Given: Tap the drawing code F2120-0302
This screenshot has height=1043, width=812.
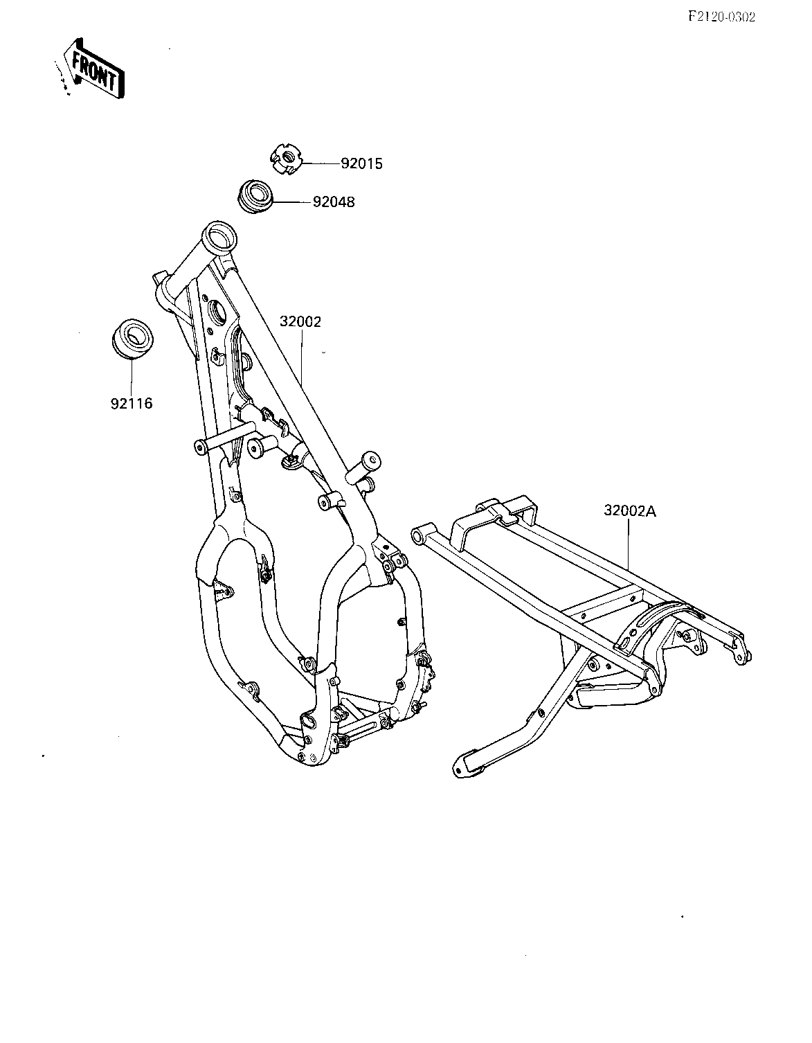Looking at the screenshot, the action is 722,17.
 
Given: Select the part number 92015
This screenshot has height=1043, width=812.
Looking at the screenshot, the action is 361,164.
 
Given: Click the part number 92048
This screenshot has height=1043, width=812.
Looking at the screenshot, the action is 334,202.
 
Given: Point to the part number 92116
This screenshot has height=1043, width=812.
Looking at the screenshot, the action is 132,404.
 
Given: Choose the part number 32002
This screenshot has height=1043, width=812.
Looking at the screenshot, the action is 300,321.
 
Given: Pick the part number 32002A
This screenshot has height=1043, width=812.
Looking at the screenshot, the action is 630,511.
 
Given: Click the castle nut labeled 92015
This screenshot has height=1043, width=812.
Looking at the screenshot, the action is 286,159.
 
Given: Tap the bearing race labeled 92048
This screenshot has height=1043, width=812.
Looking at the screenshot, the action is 255,197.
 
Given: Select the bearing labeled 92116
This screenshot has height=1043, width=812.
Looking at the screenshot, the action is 132,339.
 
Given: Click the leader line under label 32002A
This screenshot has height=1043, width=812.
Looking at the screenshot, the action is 629,545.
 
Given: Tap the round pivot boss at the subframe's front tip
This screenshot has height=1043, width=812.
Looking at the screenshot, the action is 419,535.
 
